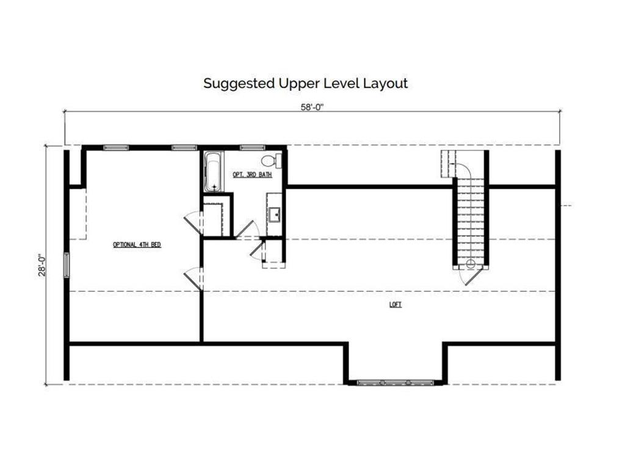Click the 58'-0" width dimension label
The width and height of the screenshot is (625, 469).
tap(312, 107)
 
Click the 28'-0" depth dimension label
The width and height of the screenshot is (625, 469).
tap(43, 265)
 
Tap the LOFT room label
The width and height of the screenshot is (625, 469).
tap(396, 305)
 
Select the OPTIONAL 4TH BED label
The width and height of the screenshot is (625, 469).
tap(137, 244)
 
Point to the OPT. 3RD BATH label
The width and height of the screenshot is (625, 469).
tap(252, 175)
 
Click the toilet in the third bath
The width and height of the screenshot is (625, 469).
tap(272, 161)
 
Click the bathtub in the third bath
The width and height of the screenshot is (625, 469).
tap(214, 172)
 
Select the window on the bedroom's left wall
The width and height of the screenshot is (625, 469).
tap(67, 264)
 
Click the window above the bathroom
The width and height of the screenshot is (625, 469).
tap(252, 148)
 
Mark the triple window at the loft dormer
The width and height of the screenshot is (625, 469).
tap(395, 382)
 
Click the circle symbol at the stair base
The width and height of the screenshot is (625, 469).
tap(471, 263)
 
